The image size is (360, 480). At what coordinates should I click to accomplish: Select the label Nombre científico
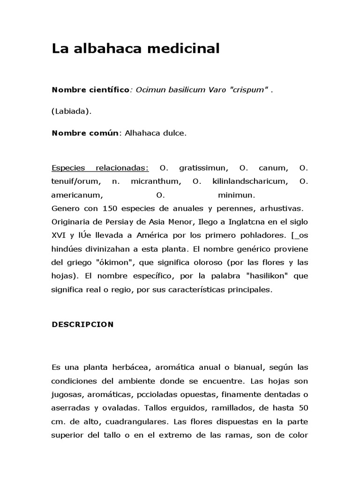[x=90, y=90]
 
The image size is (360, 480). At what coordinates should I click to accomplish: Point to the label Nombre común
[x=87, y=133]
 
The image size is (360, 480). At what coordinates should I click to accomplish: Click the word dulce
[x=175, y=133]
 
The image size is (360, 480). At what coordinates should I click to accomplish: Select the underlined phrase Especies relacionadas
[x=100, y=168]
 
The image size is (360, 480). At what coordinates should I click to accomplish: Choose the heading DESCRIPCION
[x=82, y=324]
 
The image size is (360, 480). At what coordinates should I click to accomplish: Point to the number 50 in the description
[x=303, y=408]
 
